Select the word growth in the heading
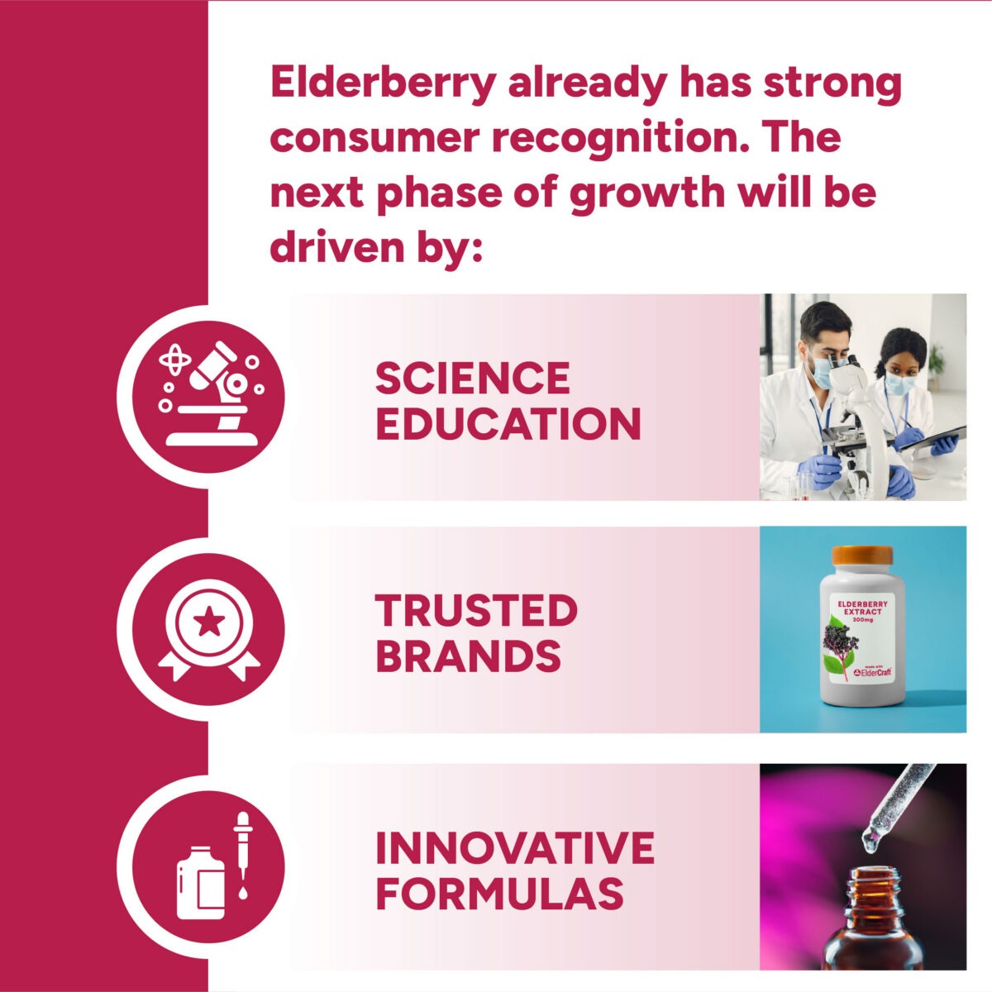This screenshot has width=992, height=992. [648, 193]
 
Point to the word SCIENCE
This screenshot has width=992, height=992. [473, 378]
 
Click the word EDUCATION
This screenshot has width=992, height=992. [508, 424]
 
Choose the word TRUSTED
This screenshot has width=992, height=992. [476, 610]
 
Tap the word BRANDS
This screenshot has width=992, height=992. [469, 656]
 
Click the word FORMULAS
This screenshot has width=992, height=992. [500, 894]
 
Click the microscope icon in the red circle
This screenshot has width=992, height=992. [211, 393]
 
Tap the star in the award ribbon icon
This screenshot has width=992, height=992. [208, 622]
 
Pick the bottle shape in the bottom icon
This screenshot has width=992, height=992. [200, 883]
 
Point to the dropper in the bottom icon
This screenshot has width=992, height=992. [242, 856]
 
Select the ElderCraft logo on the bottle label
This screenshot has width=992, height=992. [872, 672]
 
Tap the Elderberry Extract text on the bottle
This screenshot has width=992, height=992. [862, 608]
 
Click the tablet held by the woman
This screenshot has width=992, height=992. [932, 439]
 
